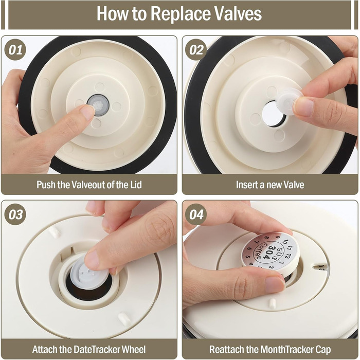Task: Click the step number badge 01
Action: [x=15, y=50]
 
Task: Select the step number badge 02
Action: [x=196, y=50]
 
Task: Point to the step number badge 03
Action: [x=15, y=214]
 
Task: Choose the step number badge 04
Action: [x=196, y=214]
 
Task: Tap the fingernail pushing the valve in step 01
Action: [x=87, y=113]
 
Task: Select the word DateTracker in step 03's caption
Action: [x=97, y=349]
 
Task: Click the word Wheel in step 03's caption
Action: [x=133, y=349]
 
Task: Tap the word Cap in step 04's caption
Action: [x=322, y=350]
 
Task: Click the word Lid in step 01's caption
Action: [x=135, y=185]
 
